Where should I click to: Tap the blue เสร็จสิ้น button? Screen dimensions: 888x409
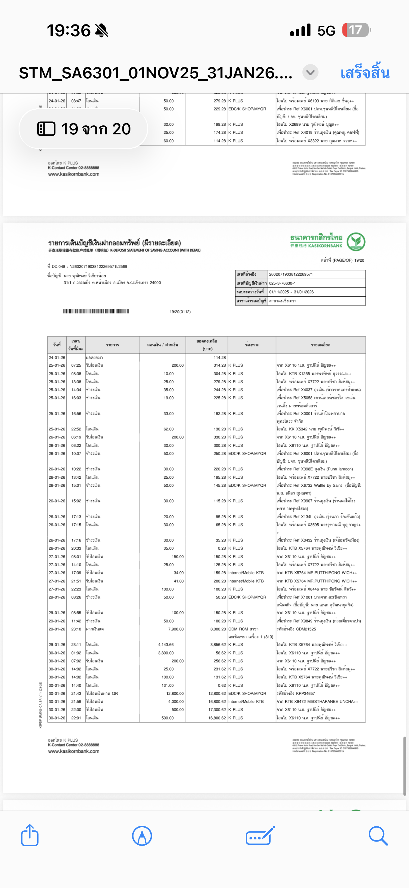[365, 73]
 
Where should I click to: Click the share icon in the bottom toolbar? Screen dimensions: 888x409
[30, 835]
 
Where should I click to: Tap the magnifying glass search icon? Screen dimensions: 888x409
[378, 835]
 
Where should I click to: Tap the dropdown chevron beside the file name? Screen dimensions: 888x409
[310, 72]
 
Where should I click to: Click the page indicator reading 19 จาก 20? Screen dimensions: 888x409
[84, 129]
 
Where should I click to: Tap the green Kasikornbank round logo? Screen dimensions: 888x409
[356, 242]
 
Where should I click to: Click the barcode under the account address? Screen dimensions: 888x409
[95, 311]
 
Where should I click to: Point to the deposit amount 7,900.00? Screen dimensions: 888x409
[176, 629]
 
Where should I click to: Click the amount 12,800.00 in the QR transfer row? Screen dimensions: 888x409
[175, 693]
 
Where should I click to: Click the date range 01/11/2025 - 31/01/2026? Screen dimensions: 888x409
[291, 292]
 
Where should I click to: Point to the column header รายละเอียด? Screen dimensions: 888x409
[320, 345]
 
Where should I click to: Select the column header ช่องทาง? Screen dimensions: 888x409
[252, 345]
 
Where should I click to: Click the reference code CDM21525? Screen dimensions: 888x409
[306, 629]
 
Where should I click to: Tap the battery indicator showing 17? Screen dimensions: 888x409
[356, 30]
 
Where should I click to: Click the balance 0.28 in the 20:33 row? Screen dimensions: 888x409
[222, 548]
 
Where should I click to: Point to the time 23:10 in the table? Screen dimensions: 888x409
[76, 629]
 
